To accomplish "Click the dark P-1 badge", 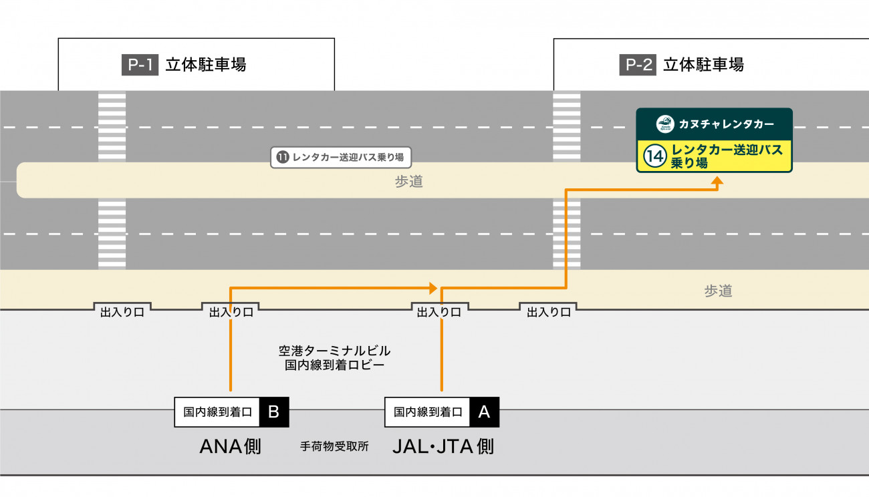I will pyautogui.click(x=139, y=65).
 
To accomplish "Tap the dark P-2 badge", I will pyautogui.click(x=637, y=65).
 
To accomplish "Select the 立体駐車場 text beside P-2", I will pyautogui.click(x=703, y=65).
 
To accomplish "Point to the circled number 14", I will pyautogui.click(x=654, y=156).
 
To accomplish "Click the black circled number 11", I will pyautogui.click(x=282, y=158).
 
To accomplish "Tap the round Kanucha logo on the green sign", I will pyautogui.click(x=664, y=124).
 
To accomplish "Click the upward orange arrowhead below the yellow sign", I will pyautogui.click(x=717, y=180).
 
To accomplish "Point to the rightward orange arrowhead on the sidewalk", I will pyautogui.click(x=433, y=288).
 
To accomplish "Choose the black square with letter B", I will pyautogui.click(x=273, y=411).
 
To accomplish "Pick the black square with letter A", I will pyautogui.click(x=484, y=411).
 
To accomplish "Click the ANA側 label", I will pyautogui.click(x=231, y=446).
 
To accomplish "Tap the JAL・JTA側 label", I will pyautogui.click(x=443, y=446).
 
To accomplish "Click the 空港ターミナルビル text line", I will pyautogui.click(x=334, y=351).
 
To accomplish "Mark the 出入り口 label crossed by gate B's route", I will pyautogui.click(x=231, y=312).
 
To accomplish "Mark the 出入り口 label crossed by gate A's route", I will pyautogui.click(x=439, y=312).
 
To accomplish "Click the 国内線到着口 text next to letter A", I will pyautogui.click(x=428, y=411).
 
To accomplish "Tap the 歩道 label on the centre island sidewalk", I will pyautogui.click(x=408, y=182).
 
